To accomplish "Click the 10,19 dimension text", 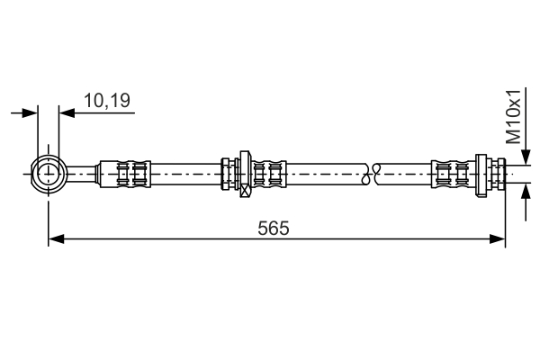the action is (107, 101).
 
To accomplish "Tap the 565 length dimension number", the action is (274, 228).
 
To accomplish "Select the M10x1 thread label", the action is (514, 116).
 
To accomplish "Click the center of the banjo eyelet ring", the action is (49, 174).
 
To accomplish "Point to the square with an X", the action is (245, 191).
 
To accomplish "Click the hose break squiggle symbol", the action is (371, 174).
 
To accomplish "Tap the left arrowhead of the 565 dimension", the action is (56, 238).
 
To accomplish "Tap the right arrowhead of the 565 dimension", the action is (498, 238).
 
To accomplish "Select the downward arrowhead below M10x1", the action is (526, 157).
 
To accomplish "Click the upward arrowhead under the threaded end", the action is (526, 192).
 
